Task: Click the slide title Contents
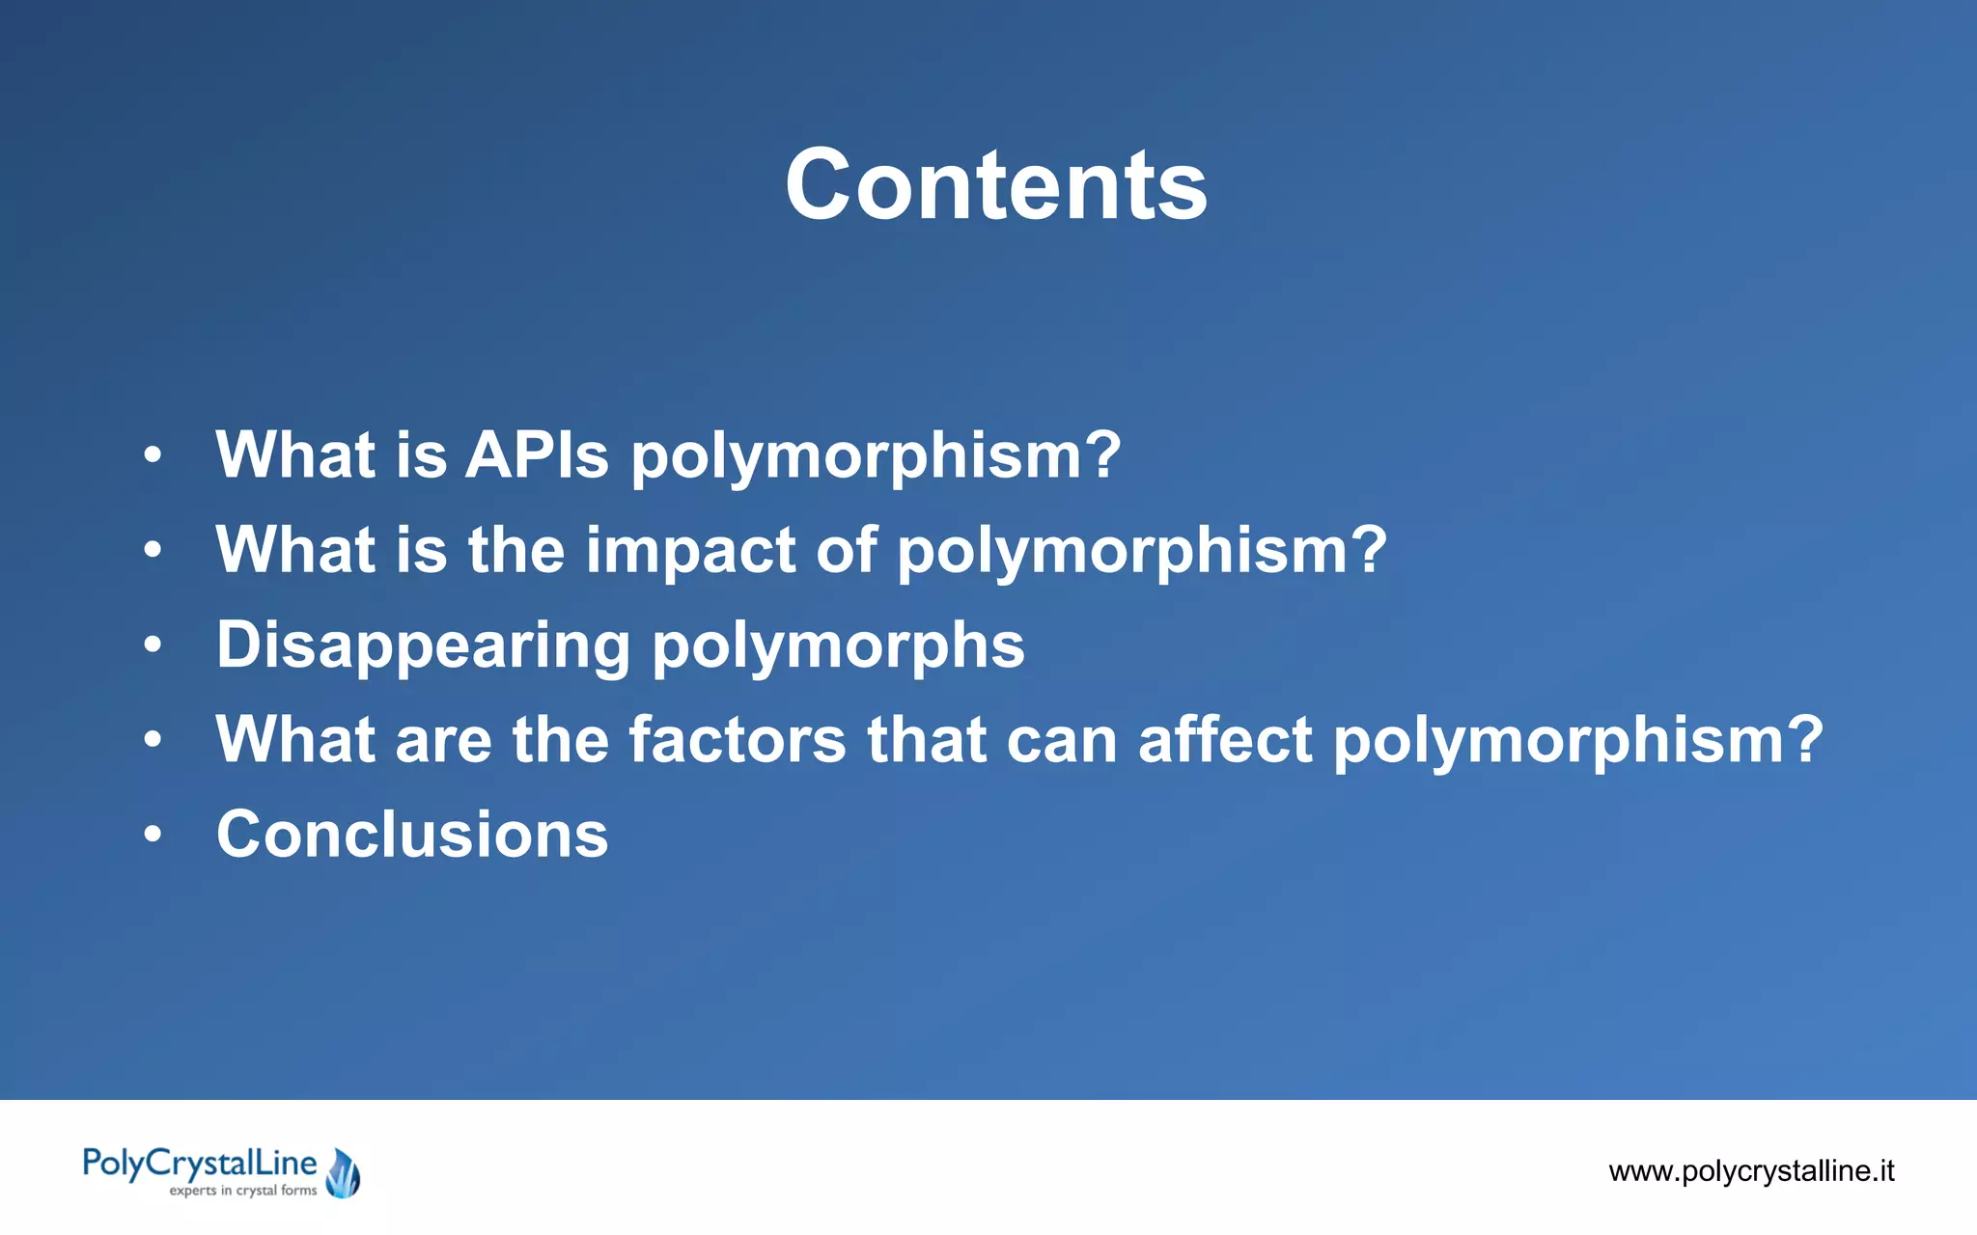[995, 184]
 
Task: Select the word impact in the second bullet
[690, 550]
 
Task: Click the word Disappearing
[423, 645]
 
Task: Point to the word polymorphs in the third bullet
[838, 645]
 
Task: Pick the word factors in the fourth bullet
[738, 739]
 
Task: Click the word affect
[1225, 739]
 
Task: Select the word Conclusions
[412, 834]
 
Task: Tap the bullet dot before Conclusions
[153, 835]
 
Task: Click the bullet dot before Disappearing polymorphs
[153, 645]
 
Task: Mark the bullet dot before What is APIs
[153, 454]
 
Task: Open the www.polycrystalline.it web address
[1751, 1171]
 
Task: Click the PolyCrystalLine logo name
[200, 1164]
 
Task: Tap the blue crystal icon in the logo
[343, 1173]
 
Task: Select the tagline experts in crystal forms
[243, 1191]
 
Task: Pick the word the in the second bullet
[515, 550]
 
